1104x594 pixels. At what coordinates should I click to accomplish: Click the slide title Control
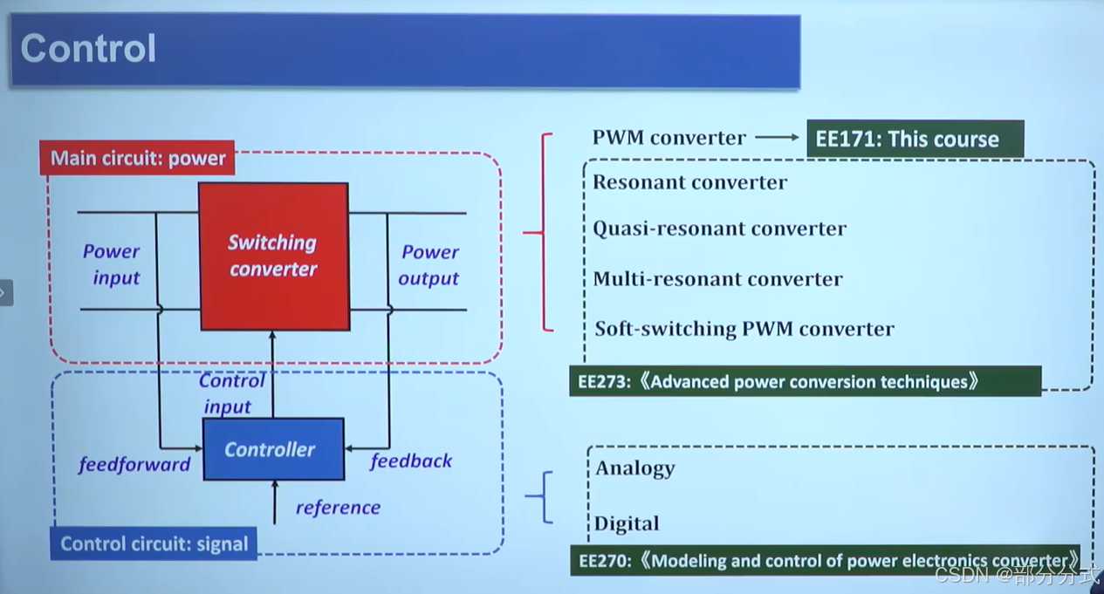pos(88,48)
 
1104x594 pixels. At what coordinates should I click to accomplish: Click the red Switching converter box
pos(273,256)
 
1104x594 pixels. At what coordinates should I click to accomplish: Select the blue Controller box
pos(272,449)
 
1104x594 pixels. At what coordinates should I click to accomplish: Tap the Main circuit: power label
pos(138,159)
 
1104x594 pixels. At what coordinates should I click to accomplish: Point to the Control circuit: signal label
pos(154,544)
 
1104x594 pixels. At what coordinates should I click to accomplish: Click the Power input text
pos(112,265)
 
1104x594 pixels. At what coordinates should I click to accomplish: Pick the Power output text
pos(429,265)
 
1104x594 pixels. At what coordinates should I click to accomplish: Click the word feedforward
pos(134,465)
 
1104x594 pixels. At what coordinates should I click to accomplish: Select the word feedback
pos(411,461)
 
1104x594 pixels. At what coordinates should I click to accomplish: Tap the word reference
pos(338,508)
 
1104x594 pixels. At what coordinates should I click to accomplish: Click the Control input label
pos(230,393)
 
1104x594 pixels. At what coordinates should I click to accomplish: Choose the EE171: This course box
pos(914,140)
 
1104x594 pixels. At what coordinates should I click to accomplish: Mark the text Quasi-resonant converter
pos(719,229)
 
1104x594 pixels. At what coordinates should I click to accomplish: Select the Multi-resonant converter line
pos(717,279)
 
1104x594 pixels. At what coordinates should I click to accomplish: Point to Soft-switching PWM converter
pos(744,329)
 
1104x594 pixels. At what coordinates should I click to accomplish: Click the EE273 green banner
pos(804,382)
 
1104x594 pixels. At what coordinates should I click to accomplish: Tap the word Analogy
pos(635,468)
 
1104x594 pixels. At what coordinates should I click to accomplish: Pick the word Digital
pos(627,524)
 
